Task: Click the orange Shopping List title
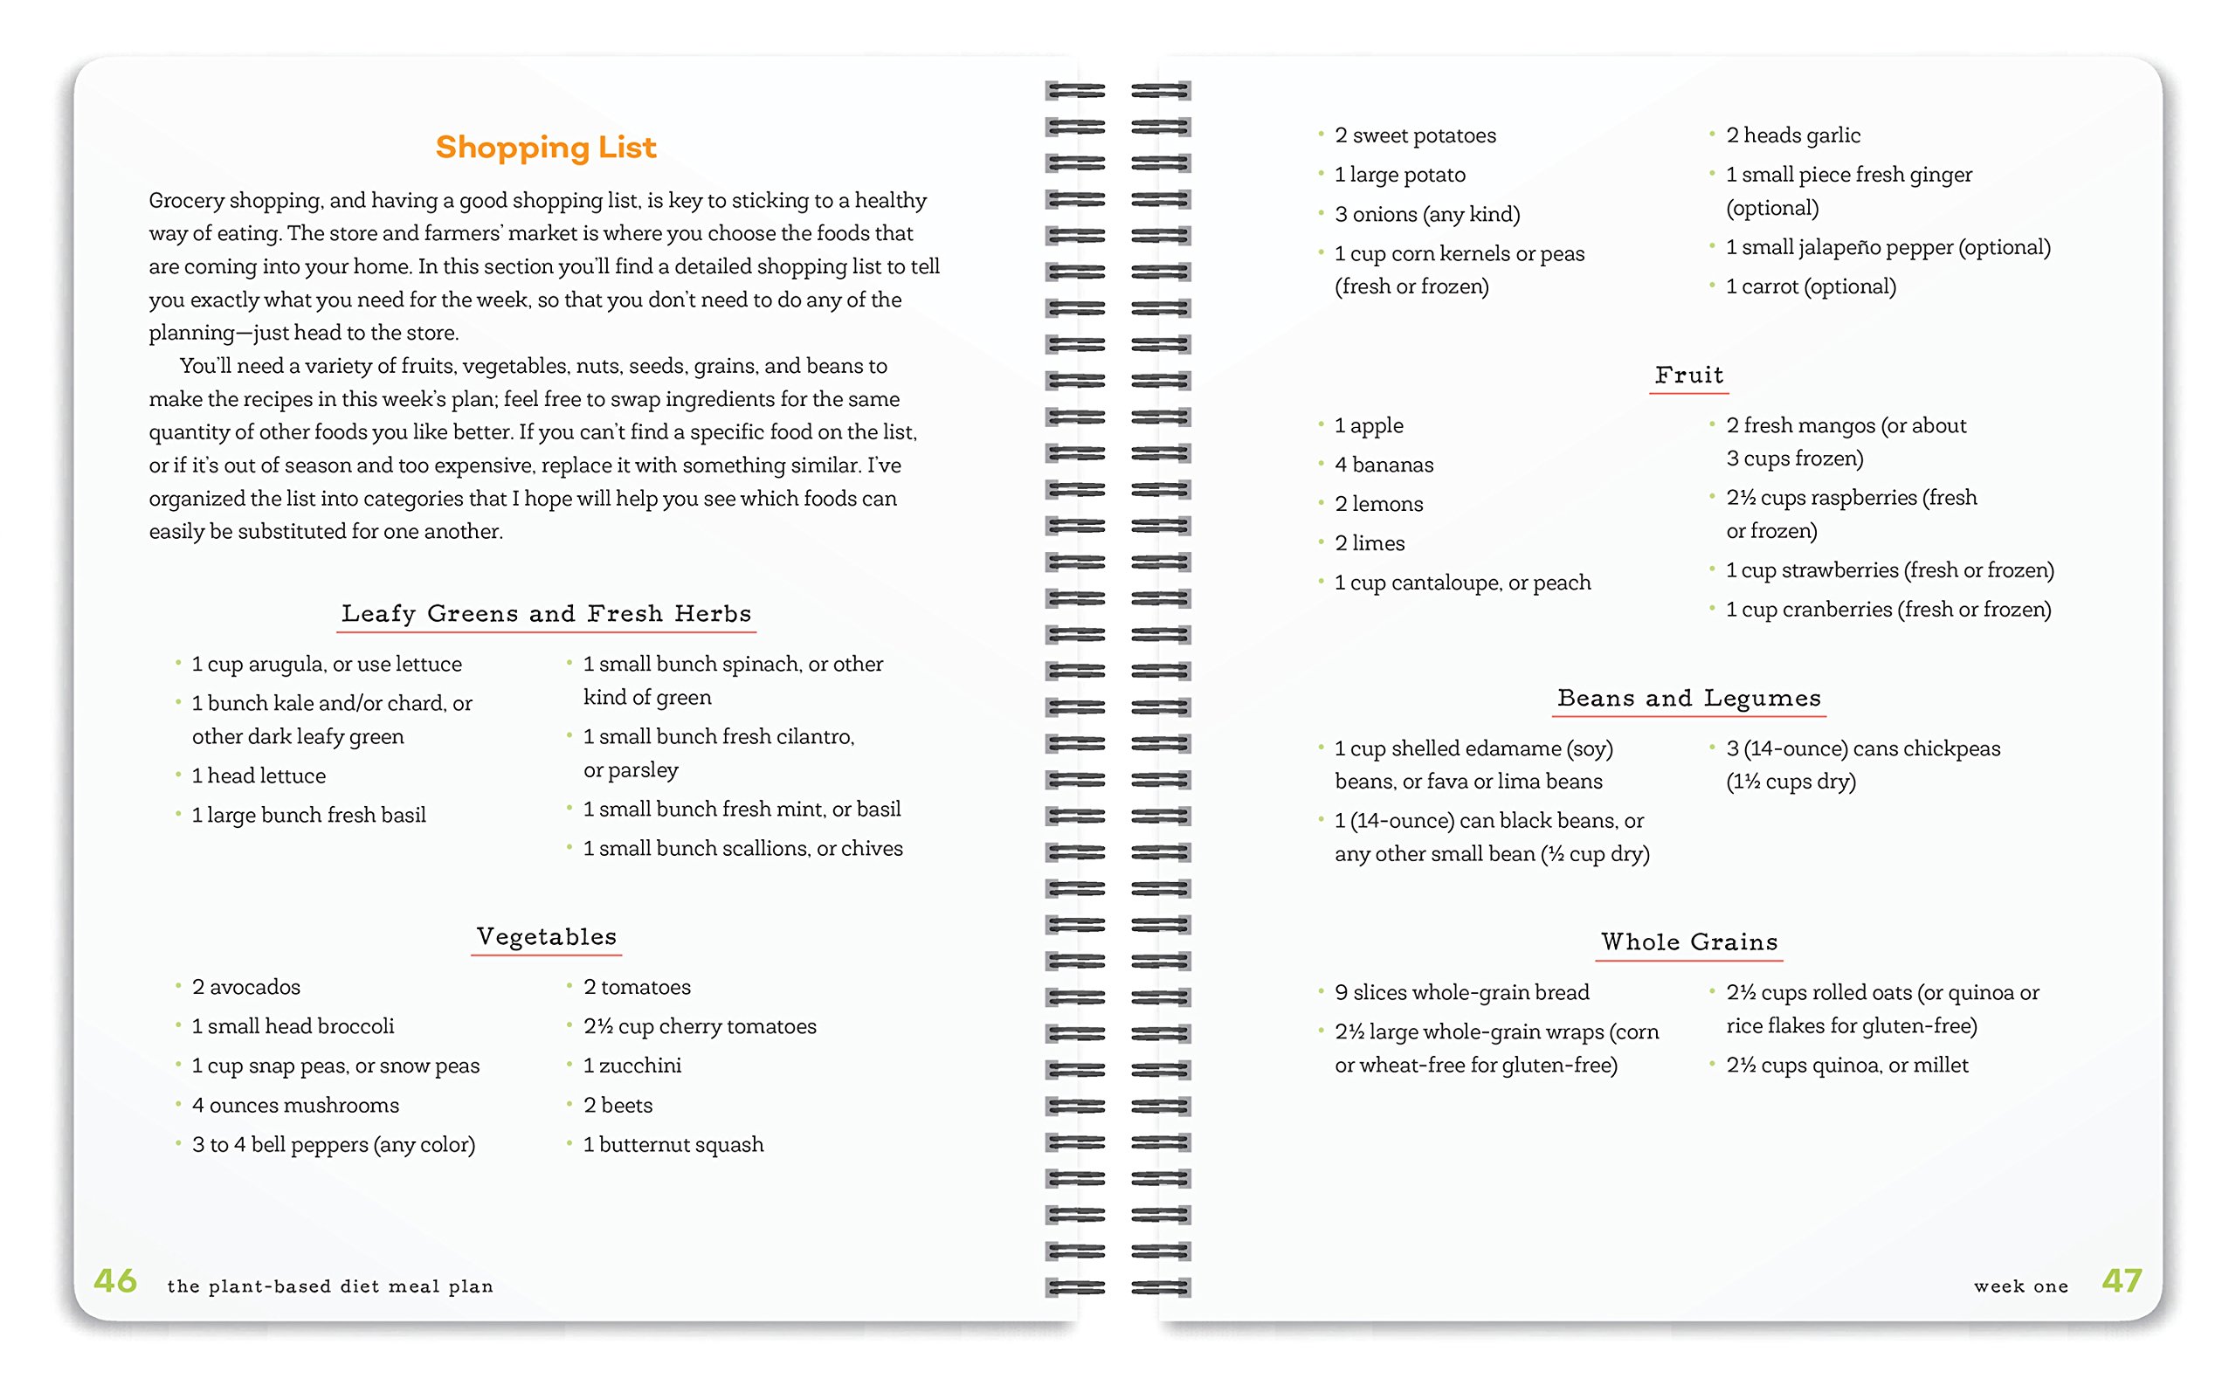coord(545,148)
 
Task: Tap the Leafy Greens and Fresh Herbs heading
coord(546,614)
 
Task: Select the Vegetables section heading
coord(546,937)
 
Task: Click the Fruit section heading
coord(1689,375)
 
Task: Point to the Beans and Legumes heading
coord(1689,699)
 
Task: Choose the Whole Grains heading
coord(1689,942)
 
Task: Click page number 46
coord(116,1281)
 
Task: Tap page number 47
coord(2121,1281)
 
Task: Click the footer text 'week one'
coord(2021,1286)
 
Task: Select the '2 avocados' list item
coord(245,987)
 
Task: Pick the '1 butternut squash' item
coord(673,1145)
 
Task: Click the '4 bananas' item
coord(1384,465)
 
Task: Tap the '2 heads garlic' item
coord(1793,136)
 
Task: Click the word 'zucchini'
coord(640,1066)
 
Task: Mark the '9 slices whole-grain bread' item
coord(1461,992)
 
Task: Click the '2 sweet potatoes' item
coord(1414,136)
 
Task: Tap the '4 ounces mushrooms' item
coord(294,1106)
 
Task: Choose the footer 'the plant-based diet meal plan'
coord(329,1286)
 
